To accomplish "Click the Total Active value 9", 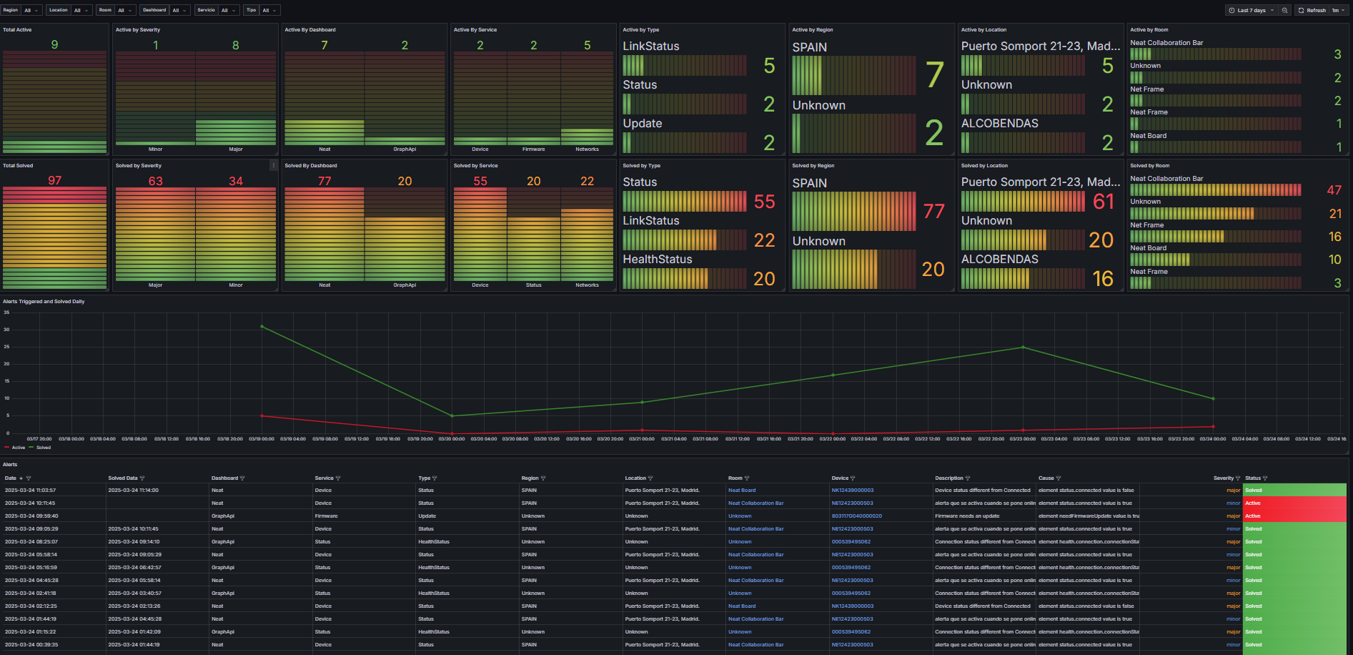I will click(54, 45).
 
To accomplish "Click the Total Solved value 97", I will click(54, 181).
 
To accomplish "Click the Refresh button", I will click(1312, 10).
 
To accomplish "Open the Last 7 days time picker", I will click(1251, 10).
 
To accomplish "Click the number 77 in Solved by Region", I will click(933, 212).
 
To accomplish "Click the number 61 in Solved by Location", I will click(1103, 202).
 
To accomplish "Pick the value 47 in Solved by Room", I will click(1334, 190).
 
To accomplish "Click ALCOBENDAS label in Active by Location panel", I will click(999, 124).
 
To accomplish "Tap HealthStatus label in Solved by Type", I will click(657, 260).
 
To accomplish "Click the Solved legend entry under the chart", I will click(43, 448).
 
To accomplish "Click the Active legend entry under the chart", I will click(18, 448).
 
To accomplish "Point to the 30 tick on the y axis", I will click(6, 330).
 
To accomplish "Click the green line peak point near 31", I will click(262, 327).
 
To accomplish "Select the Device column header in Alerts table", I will click(840, 478).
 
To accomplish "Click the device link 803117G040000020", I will click(856, 516).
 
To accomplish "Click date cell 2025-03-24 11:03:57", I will click(30, 491).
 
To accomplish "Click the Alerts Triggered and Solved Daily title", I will click(44, 302).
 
